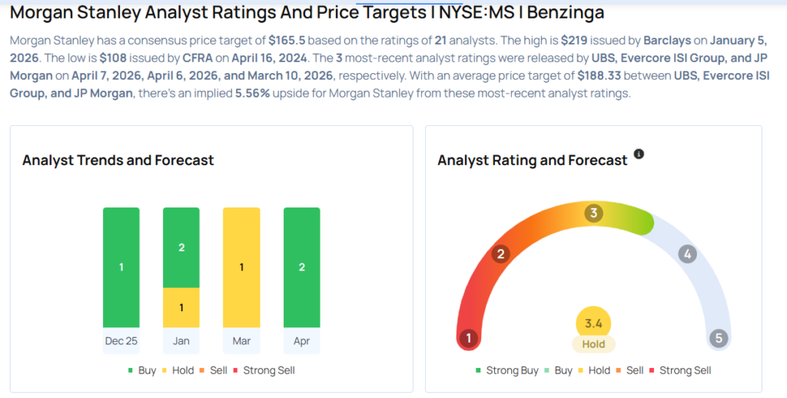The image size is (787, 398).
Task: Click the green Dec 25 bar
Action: [x=121, y=267]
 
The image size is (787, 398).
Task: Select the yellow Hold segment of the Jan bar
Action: [x=181, y=307]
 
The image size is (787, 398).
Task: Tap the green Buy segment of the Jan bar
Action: [x=181, y=247]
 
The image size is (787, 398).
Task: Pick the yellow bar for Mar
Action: [x=241, y=267]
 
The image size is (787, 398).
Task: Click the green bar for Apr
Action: [x=301, y=267]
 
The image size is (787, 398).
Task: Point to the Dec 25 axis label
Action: [x=121, y=341]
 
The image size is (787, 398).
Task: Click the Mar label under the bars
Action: [x=241, y=341]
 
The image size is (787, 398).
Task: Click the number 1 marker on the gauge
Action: [x=467, y=338]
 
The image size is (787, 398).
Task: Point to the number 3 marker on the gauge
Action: [x=593, y=213]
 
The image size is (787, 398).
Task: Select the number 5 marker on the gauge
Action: [x=719, y=338]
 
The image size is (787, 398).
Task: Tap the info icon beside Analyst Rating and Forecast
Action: [x=639, y=154]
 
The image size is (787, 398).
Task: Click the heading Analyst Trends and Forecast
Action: [x=118, y=161]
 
